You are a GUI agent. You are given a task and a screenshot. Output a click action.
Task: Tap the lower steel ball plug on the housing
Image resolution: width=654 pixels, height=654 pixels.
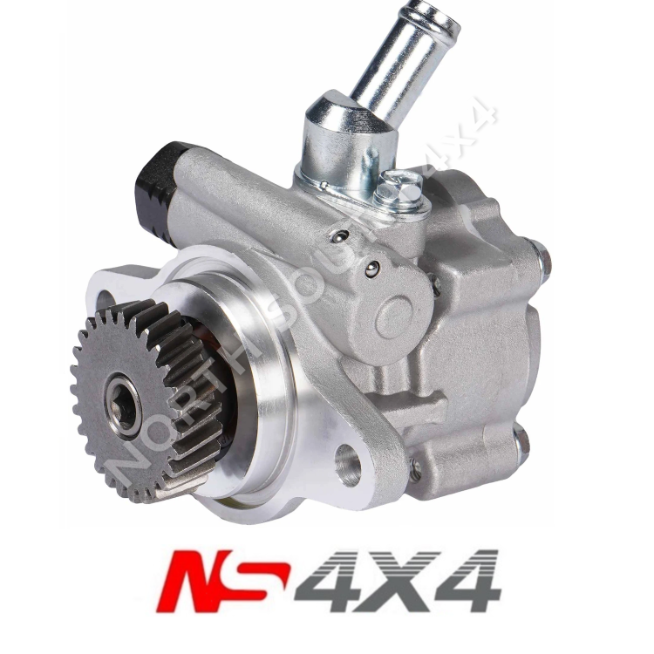click(x=372, y=269)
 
